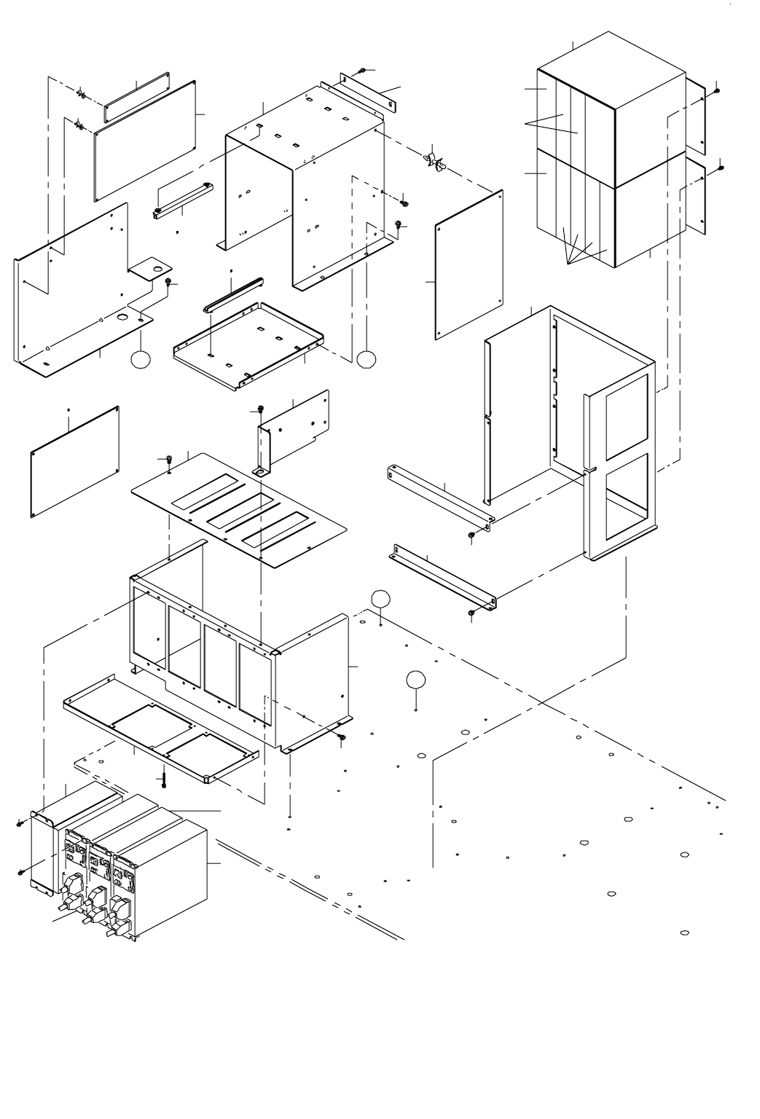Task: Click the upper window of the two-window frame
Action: pyautogui.click(x=626, y=411)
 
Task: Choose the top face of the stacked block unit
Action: pyautogui.click(x=611, y=71)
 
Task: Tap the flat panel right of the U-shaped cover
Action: pyautogui.click(x=470, y=265)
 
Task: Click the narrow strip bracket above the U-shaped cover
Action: pyautogui.click(x=369, y=93)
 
